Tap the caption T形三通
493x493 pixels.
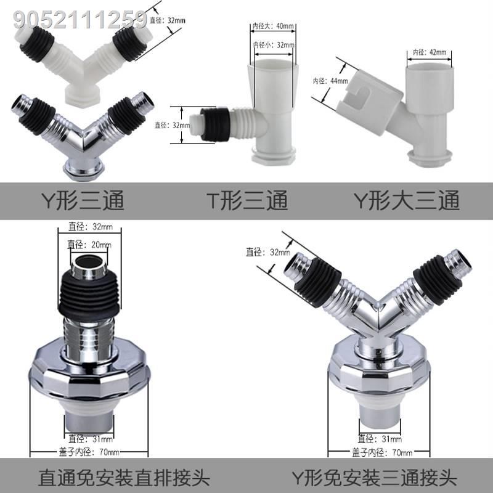click(246, 200)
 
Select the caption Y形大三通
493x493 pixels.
click(406, 200)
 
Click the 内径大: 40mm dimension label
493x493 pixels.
click(274, 26)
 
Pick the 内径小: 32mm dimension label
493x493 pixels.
click(274, 44)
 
